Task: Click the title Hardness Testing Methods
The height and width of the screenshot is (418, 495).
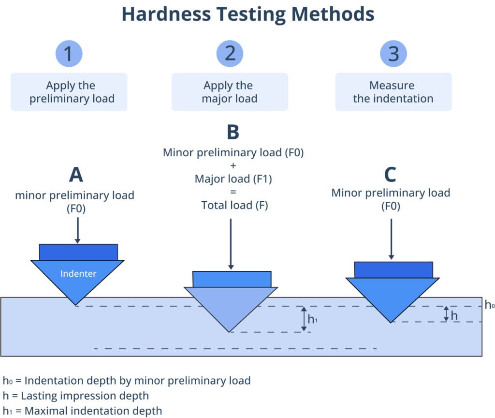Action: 247,14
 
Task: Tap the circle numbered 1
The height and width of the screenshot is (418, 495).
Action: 69,53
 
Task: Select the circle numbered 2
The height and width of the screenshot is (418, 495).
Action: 230,53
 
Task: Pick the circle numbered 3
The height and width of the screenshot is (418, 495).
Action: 393,53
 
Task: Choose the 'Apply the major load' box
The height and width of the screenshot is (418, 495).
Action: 230,92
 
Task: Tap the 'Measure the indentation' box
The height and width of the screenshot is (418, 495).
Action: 393,92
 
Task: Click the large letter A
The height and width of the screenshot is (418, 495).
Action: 75,175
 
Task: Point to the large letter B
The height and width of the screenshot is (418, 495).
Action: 233,132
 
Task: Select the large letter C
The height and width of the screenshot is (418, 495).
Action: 390,173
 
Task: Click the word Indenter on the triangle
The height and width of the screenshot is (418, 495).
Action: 78,274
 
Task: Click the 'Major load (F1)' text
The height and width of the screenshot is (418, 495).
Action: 233,179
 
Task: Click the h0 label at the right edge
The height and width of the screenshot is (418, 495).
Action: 489,305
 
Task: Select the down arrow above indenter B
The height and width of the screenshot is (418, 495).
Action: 231,244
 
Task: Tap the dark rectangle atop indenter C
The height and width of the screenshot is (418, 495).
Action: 393,269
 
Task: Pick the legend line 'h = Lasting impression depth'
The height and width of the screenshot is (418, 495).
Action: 75,396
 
